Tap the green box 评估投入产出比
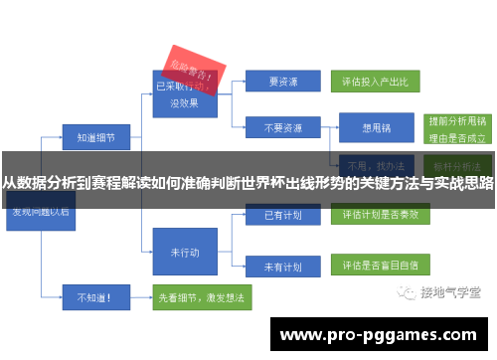pos(380,82)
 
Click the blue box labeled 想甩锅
pos(377,127)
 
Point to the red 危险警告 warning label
pos(193,67)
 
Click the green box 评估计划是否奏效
pos(380,214)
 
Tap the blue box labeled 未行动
pos(183,251)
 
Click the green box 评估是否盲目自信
pos(380,267)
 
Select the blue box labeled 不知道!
pos(87,295)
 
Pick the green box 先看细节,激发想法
pos(202,295)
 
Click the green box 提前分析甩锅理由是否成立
pos(456,127)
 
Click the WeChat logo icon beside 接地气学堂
pos(409,292)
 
